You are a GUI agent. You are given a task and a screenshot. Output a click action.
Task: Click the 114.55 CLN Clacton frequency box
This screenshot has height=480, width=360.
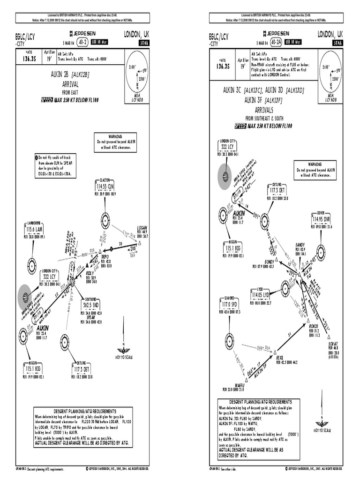click(104, 187)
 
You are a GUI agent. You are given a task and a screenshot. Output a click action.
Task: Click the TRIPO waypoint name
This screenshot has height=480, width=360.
click(105, 257)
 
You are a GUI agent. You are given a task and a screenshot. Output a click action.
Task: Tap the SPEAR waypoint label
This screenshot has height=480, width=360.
click(91, 317)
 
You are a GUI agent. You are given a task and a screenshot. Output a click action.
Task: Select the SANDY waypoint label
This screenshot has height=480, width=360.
click(300, 245)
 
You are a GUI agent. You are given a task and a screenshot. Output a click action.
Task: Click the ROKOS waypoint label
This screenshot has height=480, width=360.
click(314, 325)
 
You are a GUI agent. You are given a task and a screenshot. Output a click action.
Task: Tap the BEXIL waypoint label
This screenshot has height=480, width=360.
click(281, 357)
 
